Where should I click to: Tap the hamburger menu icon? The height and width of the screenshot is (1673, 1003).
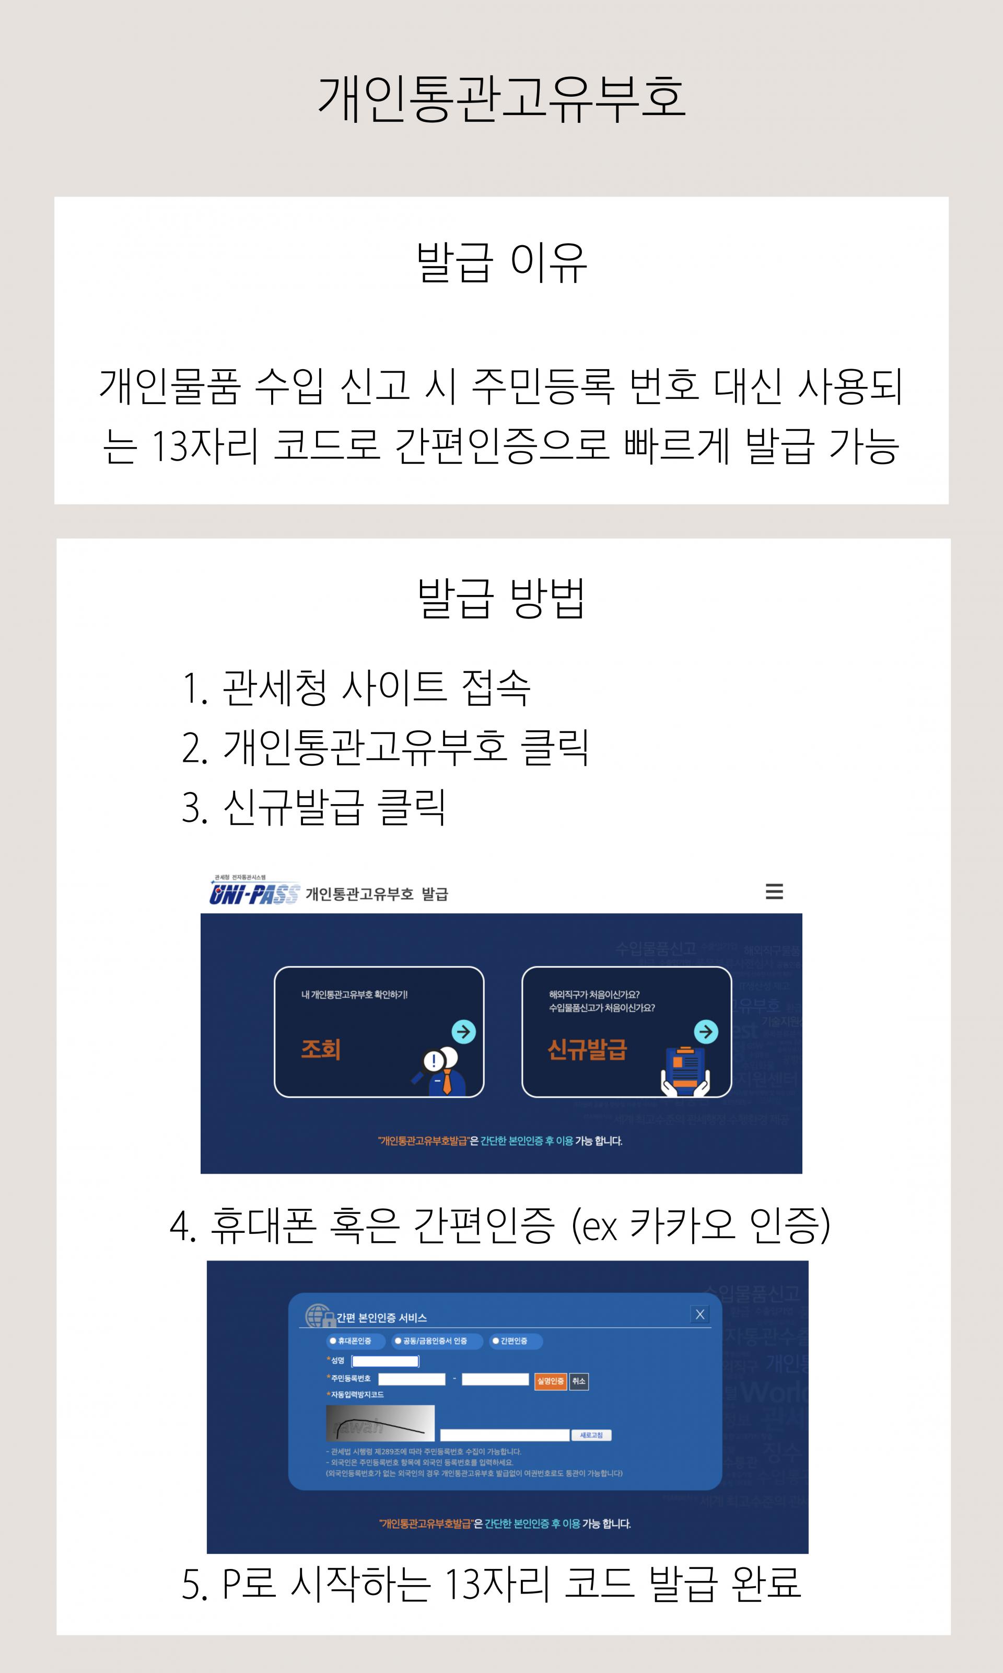tap(774, 891)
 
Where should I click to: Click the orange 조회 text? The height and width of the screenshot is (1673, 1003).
tap(320, 1049)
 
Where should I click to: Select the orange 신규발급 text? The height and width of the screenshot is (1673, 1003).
tap(587, 1049)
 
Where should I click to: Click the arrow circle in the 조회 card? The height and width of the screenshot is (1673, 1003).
tap(464, 1032)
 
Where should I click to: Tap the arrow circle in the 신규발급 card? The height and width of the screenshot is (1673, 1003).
tap(706, 1032)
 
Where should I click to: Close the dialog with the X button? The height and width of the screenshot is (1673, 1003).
tap(700, 1314)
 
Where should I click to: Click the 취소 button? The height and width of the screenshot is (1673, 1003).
tap(578, 1381)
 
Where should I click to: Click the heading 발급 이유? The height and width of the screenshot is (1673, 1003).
tap(501, 262)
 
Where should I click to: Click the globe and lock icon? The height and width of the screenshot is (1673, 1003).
tap(319, 1316)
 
